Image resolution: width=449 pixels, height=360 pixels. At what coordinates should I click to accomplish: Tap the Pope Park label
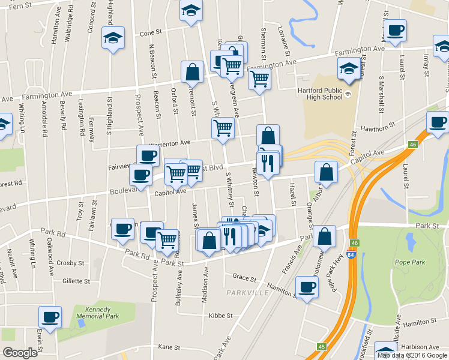(411, 262)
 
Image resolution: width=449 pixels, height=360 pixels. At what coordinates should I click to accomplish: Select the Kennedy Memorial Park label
(97, 312)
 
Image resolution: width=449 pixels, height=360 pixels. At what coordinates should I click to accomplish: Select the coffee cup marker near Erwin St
(50, 316)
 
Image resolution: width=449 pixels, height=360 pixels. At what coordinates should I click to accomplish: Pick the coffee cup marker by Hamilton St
(307, 287)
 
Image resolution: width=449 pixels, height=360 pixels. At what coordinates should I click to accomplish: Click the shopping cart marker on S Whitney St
(223, 128)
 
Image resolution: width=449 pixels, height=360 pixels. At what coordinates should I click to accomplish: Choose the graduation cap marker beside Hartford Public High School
(348, 68)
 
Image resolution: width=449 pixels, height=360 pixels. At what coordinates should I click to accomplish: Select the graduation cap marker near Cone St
(113, 38)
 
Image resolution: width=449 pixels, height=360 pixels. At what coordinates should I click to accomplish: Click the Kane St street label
(169, 347)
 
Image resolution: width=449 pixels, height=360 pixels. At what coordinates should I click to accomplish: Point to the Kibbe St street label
(220, 316)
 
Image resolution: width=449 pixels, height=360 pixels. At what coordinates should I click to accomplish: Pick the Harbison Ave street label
(418, 346)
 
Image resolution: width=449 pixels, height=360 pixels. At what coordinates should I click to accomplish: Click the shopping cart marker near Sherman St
(259, 77)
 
